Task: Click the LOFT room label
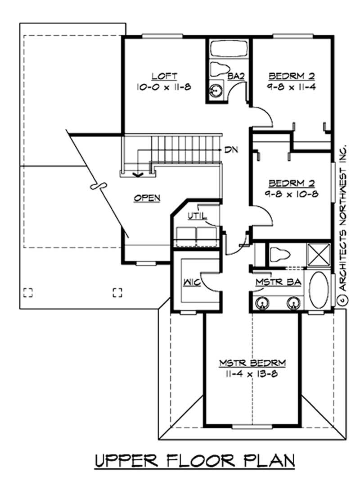click(x=164, y=76)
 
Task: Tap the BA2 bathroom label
click(x=236, y=76)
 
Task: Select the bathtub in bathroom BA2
click(x=229, y=49)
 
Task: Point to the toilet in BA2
click(x=220, y=68)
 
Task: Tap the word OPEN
click(x=147, y=198)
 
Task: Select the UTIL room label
click(x=197, y=216)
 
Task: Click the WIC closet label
click(x=192, y=282)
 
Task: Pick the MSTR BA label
click(x=278, y=282)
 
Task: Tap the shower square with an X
click(x=318, y=255)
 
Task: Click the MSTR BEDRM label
click(x=252, y=363)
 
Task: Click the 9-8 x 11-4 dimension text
click(x=292, y=87)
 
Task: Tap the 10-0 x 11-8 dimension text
click(x=164, y=87)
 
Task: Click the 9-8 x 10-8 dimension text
click(x=292, y=194)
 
